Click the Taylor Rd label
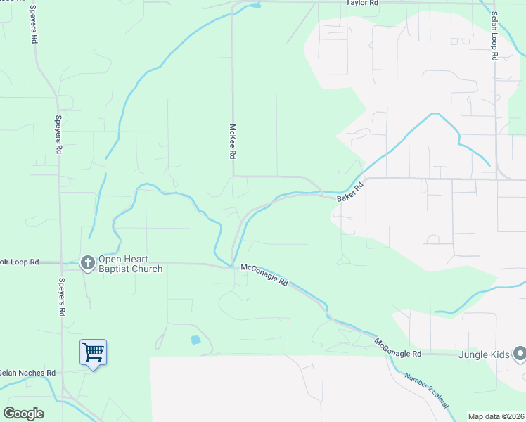(x=362, y=4)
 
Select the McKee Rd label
(x=231, y=141)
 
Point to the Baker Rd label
(x=349, y=191)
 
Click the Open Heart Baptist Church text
(x=130, y=264)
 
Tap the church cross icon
(x=88, y=264)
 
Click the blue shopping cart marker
(x=93, y=352)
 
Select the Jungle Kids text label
(x=486, y=354)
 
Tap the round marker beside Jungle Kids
(x=519, y=354)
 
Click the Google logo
(x=23, y=414)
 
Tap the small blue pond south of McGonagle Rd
(x=195, y=340)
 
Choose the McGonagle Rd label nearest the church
(x=264, y=274)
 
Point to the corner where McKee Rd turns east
(x=233, y=176)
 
